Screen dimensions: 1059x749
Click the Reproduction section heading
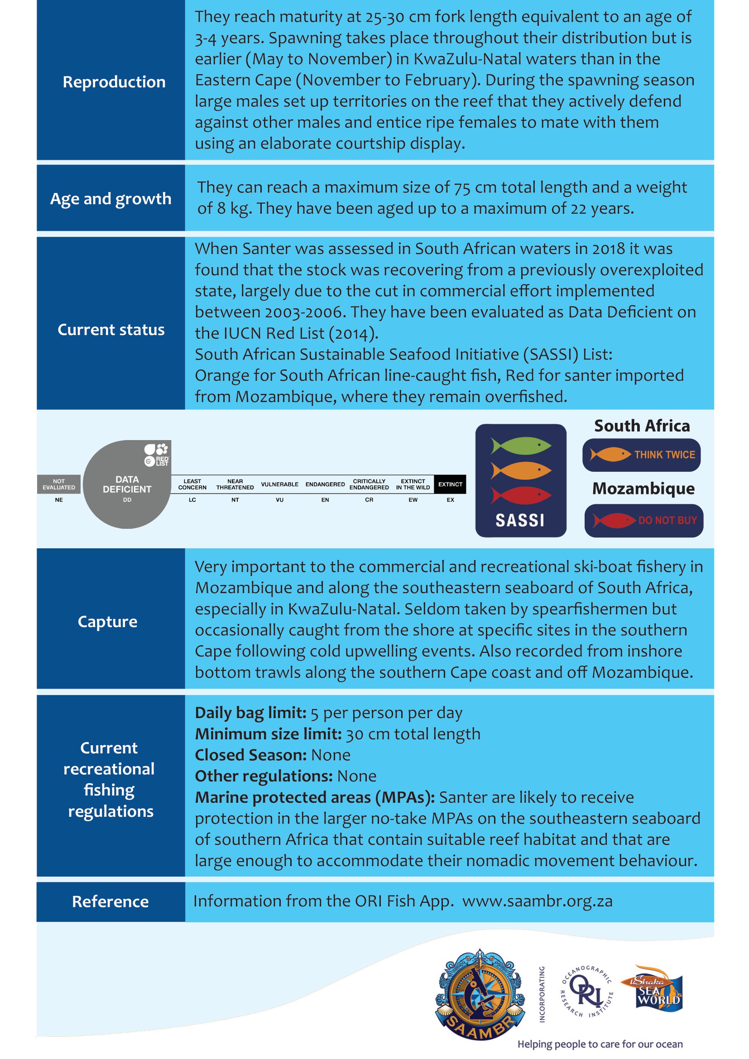[x=114, y=81]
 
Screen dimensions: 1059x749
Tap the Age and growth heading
[x=110, y=198]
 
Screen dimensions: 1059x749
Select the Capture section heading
[x=107, y=621]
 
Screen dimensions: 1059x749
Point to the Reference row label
[x=110, y=901]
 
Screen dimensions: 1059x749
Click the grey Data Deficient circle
[x=127, y=484]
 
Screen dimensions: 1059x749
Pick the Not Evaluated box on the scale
[x=58, y=484]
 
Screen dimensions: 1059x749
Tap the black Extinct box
[x=450, y=484]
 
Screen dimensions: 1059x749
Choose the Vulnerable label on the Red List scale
[x=279, y=484]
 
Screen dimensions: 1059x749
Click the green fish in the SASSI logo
[x=521, y=446]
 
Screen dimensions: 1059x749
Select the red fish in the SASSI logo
[x=521, y=495]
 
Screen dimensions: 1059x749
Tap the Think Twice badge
[x=642, y=455]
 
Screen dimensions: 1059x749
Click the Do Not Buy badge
[x=644, y=520]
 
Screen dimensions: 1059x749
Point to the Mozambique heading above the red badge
[x=643, y=488]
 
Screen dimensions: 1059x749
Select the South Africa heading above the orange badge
[x=642, y=426]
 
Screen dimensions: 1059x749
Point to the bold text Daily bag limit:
[x=250, y=713]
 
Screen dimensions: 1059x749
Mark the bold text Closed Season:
[x=250, y=755]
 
